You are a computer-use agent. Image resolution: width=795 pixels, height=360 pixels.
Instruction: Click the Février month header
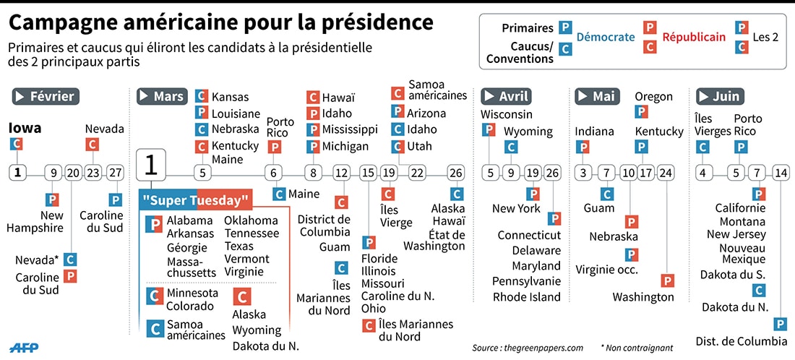pyautogui.click(x=44, y=96)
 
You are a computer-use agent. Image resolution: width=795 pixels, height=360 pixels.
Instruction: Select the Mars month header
pyautogui.click(x=161, y=96)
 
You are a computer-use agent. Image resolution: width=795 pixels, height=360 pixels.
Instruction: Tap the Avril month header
pyautogui.click(x=506, y=96)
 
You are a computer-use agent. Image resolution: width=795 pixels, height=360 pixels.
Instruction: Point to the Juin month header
pyautogui.click(x=720, y=96)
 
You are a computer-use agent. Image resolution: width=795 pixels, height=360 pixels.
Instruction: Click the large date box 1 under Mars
pyautogui.click(x=151, y=165)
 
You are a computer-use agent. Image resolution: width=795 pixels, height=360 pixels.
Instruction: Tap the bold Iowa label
pyautogui.click(x=25, y=128)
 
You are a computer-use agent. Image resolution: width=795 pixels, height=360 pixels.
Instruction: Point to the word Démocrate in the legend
pyautogui.click(x=605, y=37)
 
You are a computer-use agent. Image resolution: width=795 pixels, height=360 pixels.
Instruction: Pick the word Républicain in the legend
pyautogui.click(x=694, y=37)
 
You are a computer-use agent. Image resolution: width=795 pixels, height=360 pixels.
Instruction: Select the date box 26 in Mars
pyautogui.click(x=455, y=173)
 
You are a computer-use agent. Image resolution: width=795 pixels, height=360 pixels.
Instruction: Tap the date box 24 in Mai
pyautogui.click(x=666, y=173)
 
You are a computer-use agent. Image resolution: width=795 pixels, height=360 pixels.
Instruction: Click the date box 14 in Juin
pyautogui.click(x=781, y=173)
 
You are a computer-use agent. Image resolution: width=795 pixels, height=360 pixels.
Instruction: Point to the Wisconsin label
pyautogui.click(x=507, y=114)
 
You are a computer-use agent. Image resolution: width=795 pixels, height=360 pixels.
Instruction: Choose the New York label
pyautogui.click(x=516, y=208)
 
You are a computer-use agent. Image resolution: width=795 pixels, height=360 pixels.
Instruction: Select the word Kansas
pyautogui.click(x=230, y=97)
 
